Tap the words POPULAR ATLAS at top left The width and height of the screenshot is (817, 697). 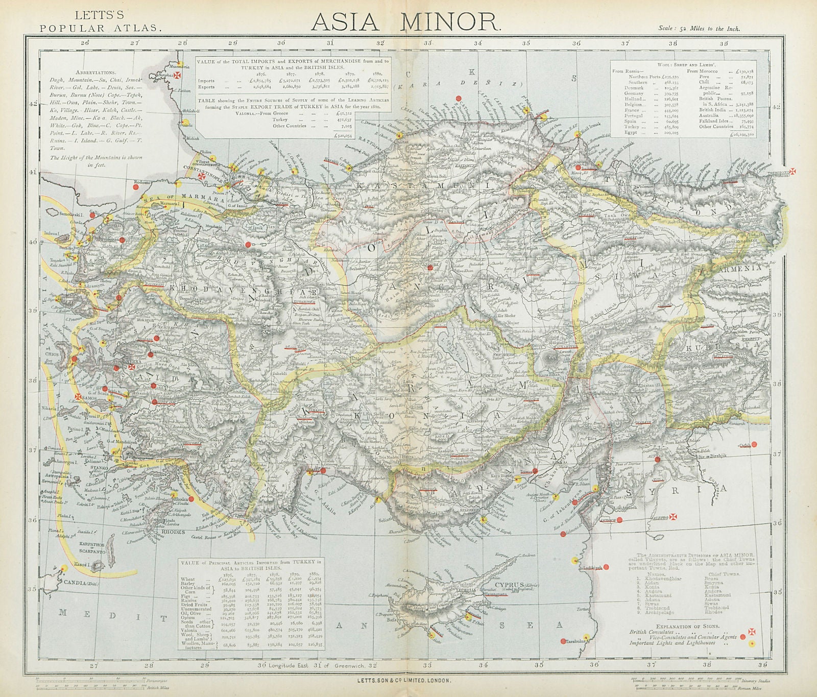point(101,28)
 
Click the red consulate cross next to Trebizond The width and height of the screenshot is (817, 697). point(794,172)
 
